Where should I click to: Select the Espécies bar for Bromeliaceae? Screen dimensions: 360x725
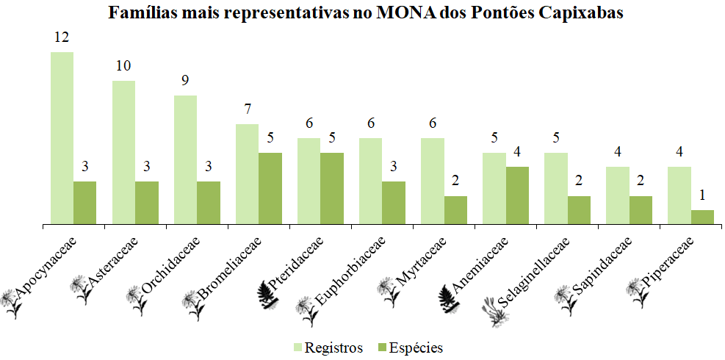point(270,188)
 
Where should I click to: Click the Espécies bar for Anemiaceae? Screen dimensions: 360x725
point(517,195)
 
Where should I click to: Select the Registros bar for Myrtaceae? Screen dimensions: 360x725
point(432,181)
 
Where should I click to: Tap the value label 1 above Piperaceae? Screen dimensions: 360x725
point(702,195)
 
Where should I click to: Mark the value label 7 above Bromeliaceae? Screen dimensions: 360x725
point(247,110)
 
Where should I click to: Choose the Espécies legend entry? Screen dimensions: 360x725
point(408,348)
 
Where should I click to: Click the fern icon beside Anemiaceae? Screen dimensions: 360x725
point(450,295)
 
